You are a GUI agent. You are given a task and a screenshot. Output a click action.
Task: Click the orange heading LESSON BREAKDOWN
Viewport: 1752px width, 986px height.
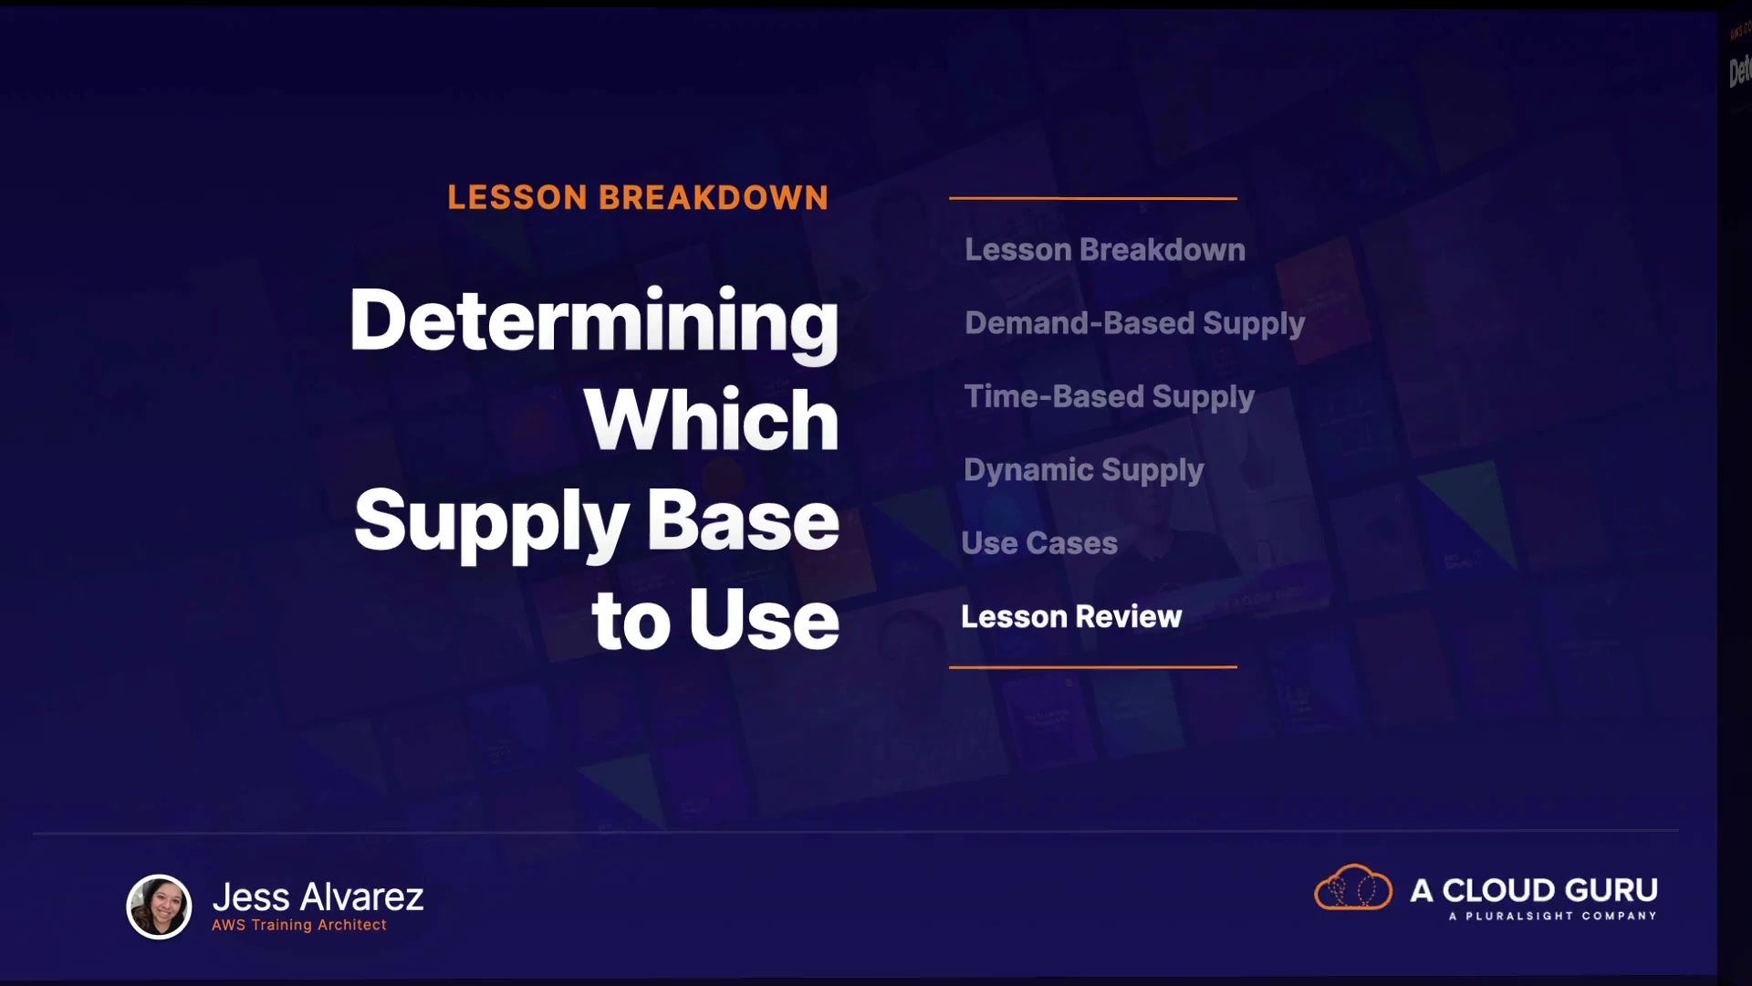click(x=638, y=197)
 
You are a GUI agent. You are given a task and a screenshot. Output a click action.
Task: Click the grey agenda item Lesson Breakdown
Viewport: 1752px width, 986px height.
click(x=1105, y=249)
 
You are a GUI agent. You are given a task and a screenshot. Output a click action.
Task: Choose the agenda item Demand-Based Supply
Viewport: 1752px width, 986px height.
click(x=1135, y=324)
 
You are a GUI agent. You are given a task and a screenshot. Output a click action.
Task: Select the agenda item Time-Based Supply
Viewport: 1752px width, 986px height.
click(x=1110, y=398)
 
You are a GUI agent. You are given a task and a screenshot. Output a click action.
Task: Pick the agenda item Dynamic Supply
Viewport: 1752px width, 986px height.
click(x=1084, y=471)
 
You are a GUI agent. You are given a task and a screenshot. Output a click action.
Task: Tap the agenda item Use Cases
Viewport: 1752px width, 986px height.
click(x=1039, y=543)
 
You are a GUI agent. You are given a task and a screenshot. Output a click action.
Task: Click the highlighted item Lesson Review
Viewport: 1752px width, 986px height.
click(x=1071, y=616)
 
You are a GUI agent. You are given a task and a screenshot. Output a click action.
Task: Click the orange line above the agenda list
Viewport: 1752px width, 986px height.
click(x=1093, y=198)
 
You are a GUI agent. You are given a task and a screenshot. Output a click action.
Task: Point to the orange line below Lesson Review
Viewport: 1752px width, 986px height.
click(x=1093, y=667)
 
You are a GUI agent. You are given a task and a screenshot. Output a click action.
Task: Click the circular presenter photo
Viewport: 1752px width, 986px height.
click(x=159, y=907)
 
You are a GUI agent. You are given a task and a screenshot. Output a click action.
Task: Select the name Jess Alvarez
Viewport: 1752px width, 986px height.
click(x=318, y=897)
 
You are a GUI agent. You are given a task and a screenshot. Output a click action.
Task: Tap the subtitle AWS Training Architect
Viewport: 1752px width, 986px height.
click(x=299, y=925)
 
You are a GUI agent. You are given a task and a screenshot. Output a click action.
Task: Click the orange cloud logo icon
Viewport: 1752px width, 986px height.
click(x=1353, y=887)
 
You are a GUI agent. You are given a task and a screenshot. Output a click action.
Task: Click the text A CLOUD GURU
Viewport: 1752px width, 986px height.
click(x=1534, y=890)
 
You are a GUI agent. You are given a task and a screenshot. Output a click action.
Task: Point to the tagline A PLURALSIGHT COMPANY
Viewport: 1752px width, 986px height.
click(x=1552, y=916)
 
